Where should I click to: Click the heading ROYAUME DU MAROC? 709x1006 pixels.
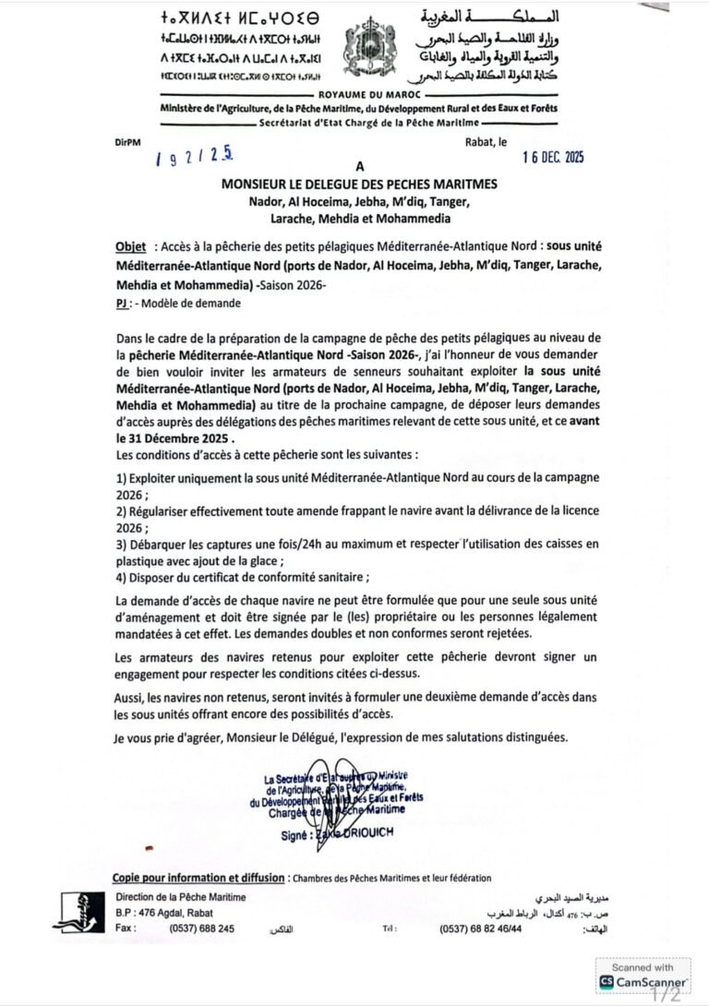(x=355, y=95)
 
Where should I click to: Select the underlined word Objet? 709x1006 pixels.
(x=130, y=248)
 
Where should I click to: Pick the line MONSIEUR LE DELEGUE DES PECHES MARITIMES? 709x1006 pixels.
(x=359, y=185)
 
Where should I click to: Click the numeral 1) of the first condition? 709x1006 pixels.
(x=121, y=476)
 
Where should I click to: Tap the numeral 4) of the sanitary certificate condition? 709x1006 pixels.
(x=121, y=578)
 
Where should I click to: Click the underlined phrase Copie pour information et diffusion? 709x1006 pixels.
(x=198, y=878)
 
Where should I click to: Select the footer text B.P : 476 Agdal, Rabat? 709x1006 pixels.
(x=162, y=913)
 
